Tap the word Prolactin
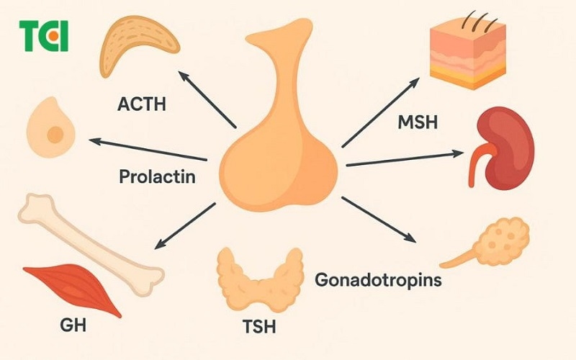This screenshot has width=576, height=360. (x=157, y=176)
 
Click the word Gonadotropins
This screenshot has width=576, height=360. (x=378, y=279)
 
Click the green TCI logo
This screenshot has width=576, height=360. (x=43, y=36)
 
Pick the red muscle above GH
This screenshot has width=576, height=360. (x=72, y=287)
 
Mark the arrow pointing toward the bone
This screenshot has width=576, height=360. (x=184, y=227)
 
